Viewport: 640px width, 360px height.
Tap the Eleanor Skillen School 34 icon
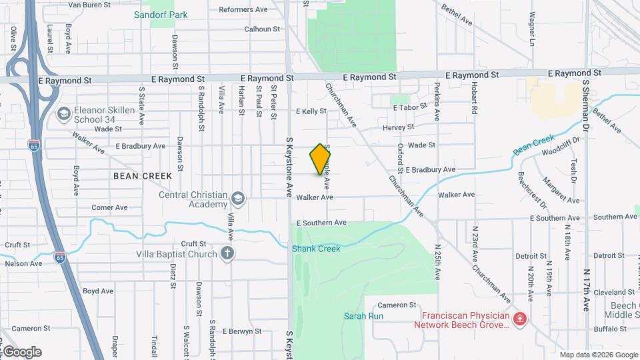pyautogui.click(x=64, y=114)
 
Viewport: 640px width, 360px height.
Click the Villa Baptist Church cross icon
pyautogui.click(x=227, y=253)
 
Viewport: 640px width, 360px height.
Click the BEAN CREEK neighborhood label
pyautogui.click(x=143, y=176)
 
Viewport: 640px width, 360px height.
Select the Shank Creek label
pyautogui.click(x=316, y=249)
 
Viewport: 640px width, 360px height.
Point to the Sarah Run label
pyautogui.click(x=359, y=316)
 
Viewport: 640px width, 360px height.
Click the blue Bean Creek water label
pyautogui.click(x=535, y=145)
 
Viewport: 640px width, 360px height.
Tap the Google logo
pyautogui.click(x=21, y=351)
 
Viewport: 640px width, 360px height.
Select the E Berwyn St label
pyautogui.click(x=242, y=331)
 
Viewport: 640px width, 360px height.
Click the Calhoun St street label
pyautogui.click(x=262, y=29)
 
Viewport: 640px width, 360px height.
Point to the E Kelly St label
pyautogui.click(x=311, y=111)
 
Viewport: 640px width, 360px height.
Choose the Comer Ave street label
pyautogui.click(x=110, y=207)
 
